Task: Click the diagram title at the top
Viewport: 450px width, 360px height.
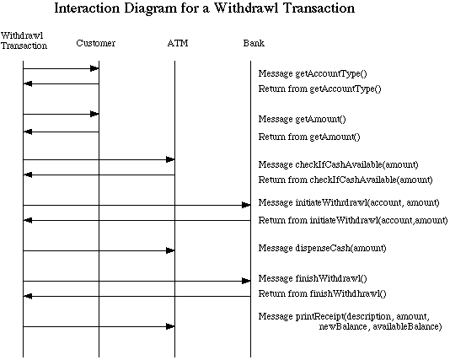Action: point(204,8)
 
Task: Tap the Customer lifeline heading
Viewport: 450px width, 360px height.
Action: point(95,43)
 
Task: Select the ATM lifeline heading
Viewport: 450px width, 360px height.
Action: point(178,43)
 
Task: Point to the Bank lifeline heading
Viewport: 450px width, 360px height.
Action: point(254,43)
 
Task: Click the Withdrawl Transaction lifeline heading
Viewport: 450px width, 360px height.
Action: point(24,40)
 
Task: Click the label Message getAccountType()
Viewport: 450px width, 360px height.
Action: point(313,74)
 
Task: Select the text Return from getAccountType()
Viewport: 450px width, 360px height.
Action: point(319,89)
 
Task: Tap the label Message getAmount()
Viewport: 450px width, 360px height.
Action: point(302,119)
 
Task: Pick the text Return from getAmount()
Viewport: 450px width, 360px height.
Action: point(309,137)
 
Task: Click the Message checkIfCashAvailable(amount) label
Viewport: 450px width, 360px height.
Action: point(339,164)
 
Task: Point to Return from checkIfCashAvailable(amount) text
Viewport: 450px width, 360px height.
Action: point(346,180)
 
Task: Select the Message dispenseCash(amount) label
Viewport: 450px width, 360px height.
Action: point(322,248)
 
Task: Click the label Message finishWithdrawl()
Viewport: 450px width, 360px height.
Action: point(313,278)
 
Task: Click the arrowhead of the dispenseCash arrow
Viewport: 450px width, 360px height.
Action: point(170,250)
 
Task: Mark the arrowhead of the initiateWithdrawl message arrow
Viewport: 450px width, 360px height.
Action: point(246,205)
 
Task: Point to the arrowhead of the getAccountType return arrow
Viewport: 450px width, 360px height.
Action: point(28,83)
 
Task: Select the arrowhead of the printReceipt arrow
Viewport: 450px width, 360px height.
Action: point(170,326)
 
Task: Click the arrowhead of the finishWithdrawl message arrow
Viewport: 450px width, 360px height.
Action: point(246,281)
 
